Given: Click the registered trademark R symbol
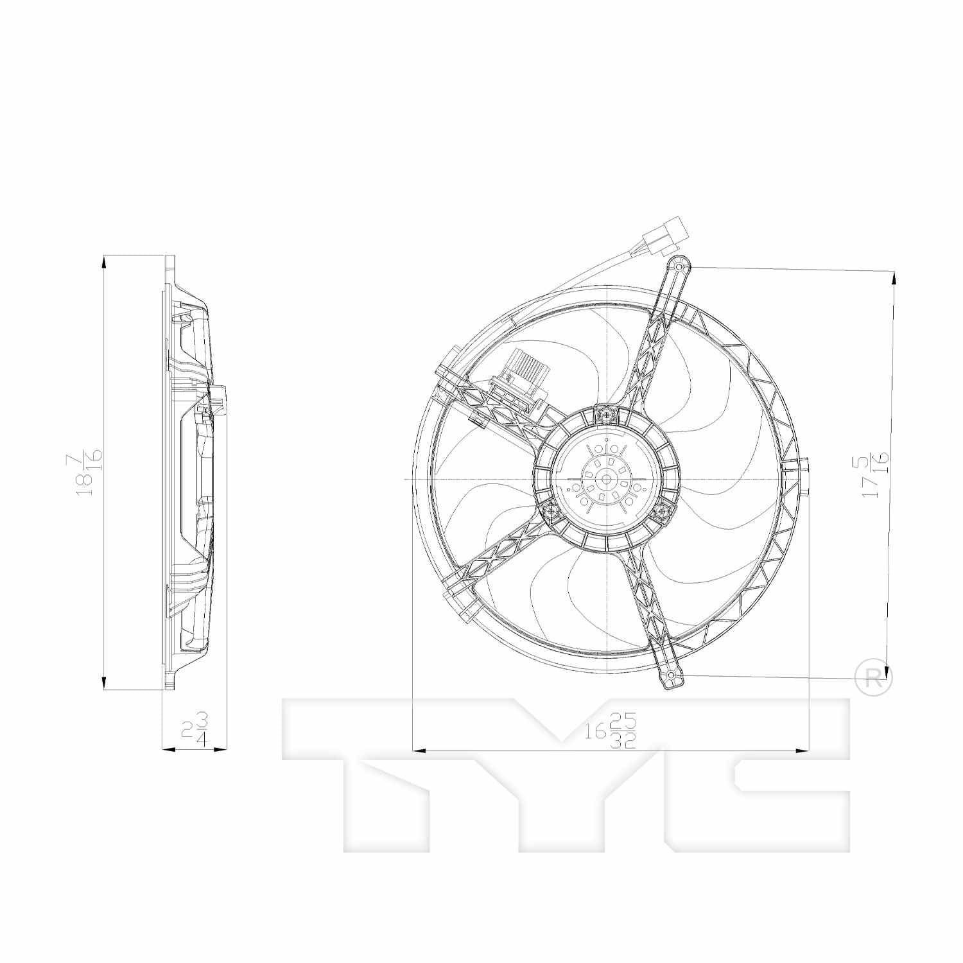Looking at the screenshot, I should point(874,678).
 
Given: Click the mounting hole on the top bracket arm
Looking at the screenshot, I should point(680,266).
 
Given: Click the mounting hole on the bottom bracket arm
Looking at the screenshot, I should point(672,677).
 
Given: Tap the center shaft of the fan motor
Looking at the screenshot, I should point(606,479).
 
